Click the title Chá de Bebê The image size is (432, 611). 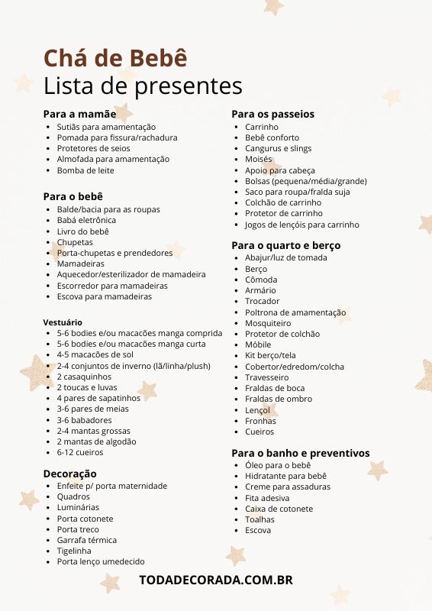pyautogui.click(x=114, y=58)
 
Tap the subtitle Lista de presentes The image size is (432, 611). pyautogui.click(x=143, y=85)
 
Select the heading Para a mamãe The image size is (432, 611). pyautogui.click(x=79, y=114)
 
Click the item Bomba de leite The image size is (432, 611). pyautogui.click(x=85, y=170)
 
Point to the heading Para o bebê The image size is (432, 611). pyautogui.click(x=73, y=196)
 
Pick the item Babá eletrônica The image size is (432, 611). pyautogui.click(x=86, y=220)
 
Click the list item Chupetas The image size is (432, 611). pyautogui.click(x=75, y=242)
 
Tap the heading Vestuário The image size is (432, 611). pyautogui.click(x=63, y=322)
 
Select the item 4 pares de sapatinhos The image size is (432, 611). pyautogui.click(x=98, y=398)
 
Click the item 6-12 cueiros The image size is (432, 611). pyautogui.click(x=79, y=452)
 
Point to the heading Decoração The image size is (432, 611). pyautogui.click(x=69, y=474)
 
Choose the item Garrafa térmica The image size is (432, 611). pyautogui.click(x=86, y=540)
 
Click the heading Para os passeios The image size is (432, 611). pyautogui.click(x=272, y=114)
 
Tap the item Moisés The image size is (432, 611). pyautogui.click(x=259, y=159)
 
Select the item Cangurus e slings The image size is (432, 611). pyautogui.click(x=278, y=148)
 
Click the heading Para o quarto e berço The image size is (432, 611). pyautogui.click(x=285, y=245)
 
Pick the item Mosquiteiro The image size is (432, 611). pyautogui.click(x=268, y=323)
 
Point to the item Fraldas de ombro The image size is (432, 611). pyautogui.click(x=278, y=399)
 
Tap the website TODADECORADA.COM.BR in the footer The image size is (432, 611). pyautogui.click(x=216, y=580)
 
